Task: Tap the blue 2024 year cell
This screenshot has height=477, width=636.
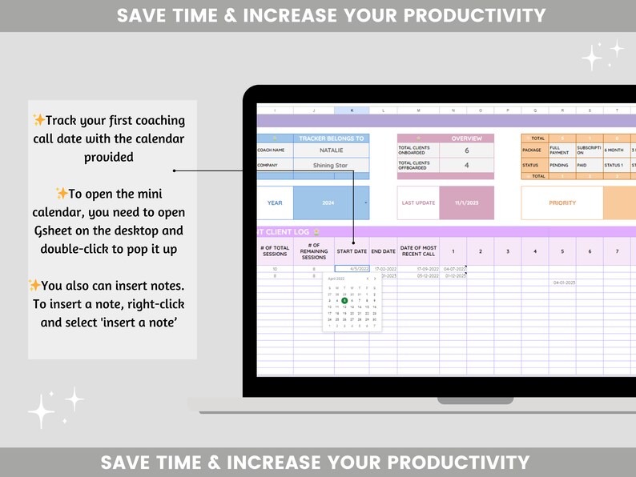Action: click(329, 202)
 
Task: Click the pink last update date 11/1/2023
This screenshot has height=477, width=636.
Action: click(467, 202)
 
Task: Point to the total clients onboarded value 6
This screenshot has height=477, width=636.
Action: click(467, 150)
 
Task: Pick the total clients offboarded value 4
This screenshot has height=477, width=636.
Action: click(467, 166)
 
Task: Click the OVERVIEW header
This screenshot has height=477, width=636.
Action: click(467, 138)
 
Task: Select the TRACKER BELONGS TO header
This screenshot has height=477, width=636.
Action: click(331, 138)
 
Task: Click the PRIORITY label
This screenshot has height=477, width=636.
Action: click(562, 202)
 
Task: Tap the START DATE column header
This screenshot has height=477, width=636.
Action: click(352, 251)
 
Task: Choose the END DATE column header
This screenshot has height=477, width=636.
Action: click(383, 251)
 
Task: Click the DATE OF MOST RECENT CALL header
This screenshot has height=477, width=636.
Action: click(417, 251)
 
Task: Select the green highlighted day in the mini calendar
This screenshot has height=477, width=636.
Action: click(344, 300)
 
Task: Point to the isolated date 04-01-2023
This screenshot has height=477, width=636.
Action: click(563, 283)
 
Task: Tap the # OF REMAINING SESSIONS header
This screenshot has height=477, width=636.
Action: click(314, 251)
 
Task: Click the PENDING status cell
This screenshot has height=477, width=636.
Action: click(558, 166)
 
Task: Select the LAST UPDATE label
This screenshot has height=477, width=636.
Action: click(418, 202)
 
